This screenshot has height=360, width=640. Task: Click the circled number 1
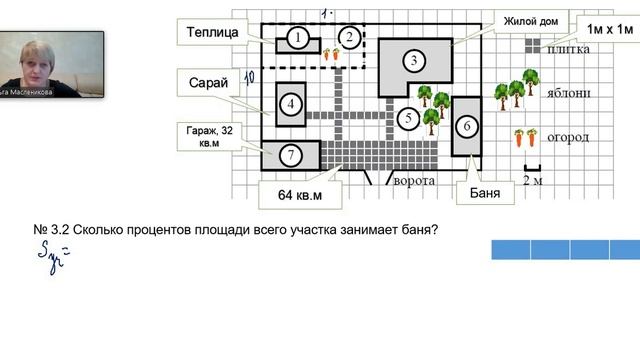coord(297,38)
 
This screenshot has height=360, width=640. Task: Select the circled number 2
coord(349,38)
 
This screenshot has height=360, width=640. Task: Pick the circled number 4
coord(291,104)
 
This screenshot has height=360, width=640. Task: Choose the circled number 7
coord(290,155)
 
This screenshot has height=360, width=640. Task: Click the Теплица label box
coord(212,32)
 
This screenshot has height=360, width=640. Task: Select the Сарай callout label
coord(209,81)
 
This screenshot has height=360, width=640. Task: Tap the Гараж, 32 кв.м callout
coord(210,136)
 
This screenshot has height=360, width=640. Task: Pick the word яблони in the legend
coord(569,93)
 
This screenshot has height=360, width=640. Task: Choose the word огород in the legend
coord(568,136)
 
